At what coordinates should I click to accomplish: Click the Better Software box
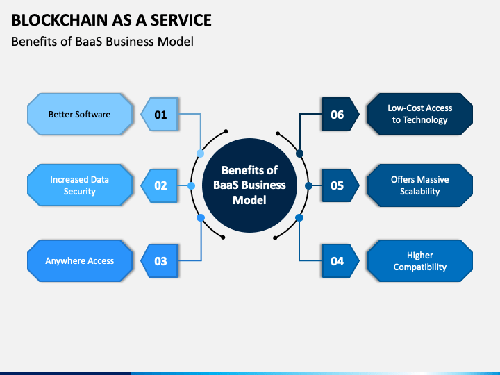(x=80, y=114)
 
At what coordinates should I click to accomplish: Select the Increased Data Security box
(x=80, y=185)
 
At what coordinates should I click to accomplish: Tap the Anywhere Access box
(x=80, y=261)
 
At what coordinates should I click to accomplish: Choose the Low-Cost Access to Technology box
(x=420, y=114)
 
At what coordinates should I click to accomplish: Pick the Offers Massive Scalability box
(x=420, y=185)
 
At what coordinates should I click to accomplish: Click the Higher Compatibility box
(x=420, y=261)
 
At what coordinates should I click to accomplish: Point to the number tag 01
(x=160, y=115)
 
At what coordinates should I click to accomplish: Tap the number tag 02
(x=160, y=185)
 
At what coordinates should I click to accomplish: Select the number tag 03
(x=160, y=261)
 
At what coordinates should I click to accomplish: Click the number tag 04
(x=340, y=261)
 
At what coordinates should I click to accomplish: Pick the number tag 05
(x=340, y=185)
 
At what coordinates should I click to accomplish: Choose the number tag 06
(x=340, y=115)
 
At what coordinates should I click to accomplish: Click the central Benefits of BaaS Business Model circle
(x=250, y=185)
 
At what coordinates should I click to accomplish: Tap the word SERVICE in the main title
(x=181, y=20)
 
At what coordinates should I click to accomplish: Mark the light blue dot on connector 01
(x=200, y=153)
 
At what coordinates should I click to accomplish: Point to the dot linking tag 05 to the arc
(x=308, y=185)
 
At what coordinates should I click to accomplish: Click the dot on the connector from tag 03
(x=201, y=218)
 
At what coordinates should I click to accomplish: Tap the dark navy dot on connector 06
(x=299, y=153)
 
